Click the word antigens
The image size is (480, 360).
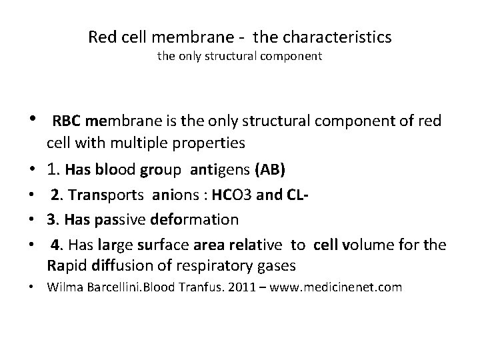coord(220,171)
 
